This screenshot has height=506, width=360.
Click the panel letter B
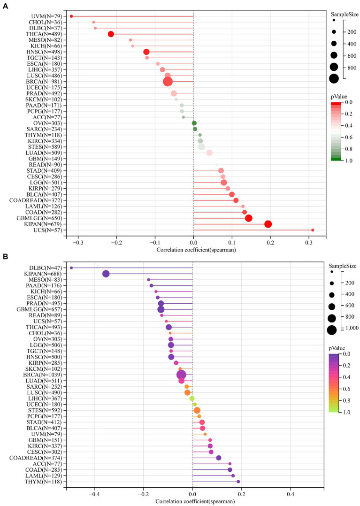(5, 257)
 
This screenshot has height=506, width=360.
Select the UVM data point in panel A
(71, 16)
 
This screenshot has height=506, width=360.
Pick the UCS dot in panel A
(313, 230)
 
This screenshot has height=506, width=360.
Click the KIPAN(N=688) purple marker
(106, 274)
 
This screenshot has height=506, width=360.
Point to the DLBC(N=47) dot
(71, 268)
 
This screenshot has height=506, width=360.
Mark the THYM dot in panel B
(238, 482)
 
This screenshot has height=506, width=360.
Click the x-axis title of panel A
(193, 250)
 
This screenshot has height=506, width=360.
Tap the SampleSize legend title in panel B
(344, 264)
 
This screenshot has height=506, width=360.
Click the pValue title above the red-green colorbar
(341, 96)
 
